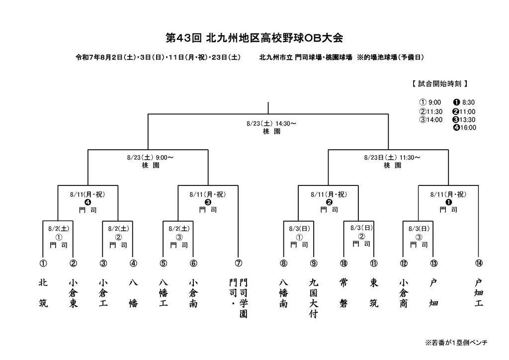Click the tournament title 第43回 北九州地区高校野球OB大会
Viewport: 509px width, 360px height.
[x=254, y=38]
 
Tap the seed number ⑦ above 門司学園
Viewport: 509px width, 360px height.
[x=238, y=263]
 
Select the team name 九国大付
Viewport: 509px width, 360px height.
[x=313, y=298]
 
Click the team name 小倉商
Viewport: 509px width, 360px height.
[x=404, y=293]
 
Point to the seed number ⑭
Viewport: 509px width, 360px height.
[x=479, y=263]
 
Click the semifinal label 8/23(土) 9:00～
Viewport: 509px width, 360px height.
[x=150, y=158]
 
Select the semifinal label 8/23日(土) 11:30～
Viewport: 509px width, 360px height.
[x=392, y=158]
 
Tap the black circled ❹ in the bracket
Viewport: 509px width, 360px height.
[x=87, y=202]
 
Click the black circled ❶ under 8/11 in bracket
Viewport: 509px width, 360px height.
[x=449, y=202]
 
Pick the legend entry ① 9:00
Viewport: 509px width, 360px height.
[x=430, y=102]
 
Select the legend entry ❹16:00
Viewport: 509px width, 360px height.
[x=465, y=128]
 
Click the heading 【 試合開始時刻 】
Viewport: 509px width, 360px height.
[x=440, y=84]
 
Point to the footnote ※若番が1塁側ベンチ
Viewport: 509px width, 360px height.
[x=456, y=343]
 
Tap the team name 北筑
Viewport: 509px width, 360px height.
[x=43, y=293]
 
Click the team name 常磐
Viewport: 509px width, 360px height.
[x=343, y=293]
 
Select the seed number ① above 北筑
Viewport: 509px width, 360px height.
[x=43, y=263]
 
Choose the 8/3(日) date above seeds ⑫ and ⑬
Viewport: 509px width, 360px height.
[x=419, y=229]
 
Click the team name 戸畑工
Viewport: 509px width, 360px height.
[x=479, y=293]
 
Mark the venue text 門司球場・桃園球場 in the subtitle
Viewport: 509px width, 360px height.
[x=324, y=58]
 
